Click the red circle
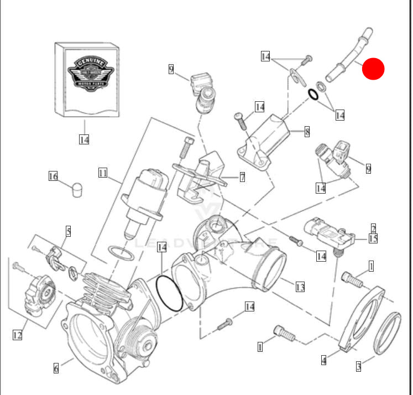[374, 69]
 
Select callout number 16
[53, 176]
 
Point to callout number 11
[103, 173]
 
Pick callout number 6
[55, 367]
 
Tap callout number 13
[300, 287]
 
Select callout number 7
[242, 177]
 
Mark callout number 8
[307, 132]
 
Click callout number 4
[323, 361]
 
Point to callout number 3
[358, 366]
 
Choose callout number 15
[373, 238]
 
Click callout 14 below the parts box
[83, 139]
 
